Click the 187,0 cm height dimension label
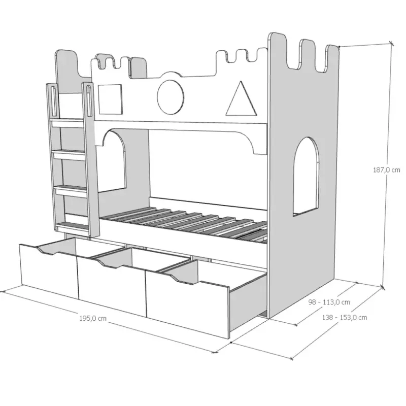coord(386,170)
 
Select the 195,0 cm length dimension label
coord(93,318)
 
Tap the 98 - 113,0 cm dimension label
coord(329,302)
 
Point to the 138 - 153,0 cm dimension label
coord(345,318)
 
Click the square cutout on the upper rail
coord(110,99)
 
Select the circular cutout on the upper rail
coord(171,96)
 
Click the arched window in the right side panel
coord(306,177)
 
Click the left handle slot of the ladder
coord(54,101)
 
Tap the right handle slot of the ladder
coord(88,100)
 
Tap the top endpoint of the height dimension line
coord(391,44)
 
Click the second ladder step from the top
coord(69,156)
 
